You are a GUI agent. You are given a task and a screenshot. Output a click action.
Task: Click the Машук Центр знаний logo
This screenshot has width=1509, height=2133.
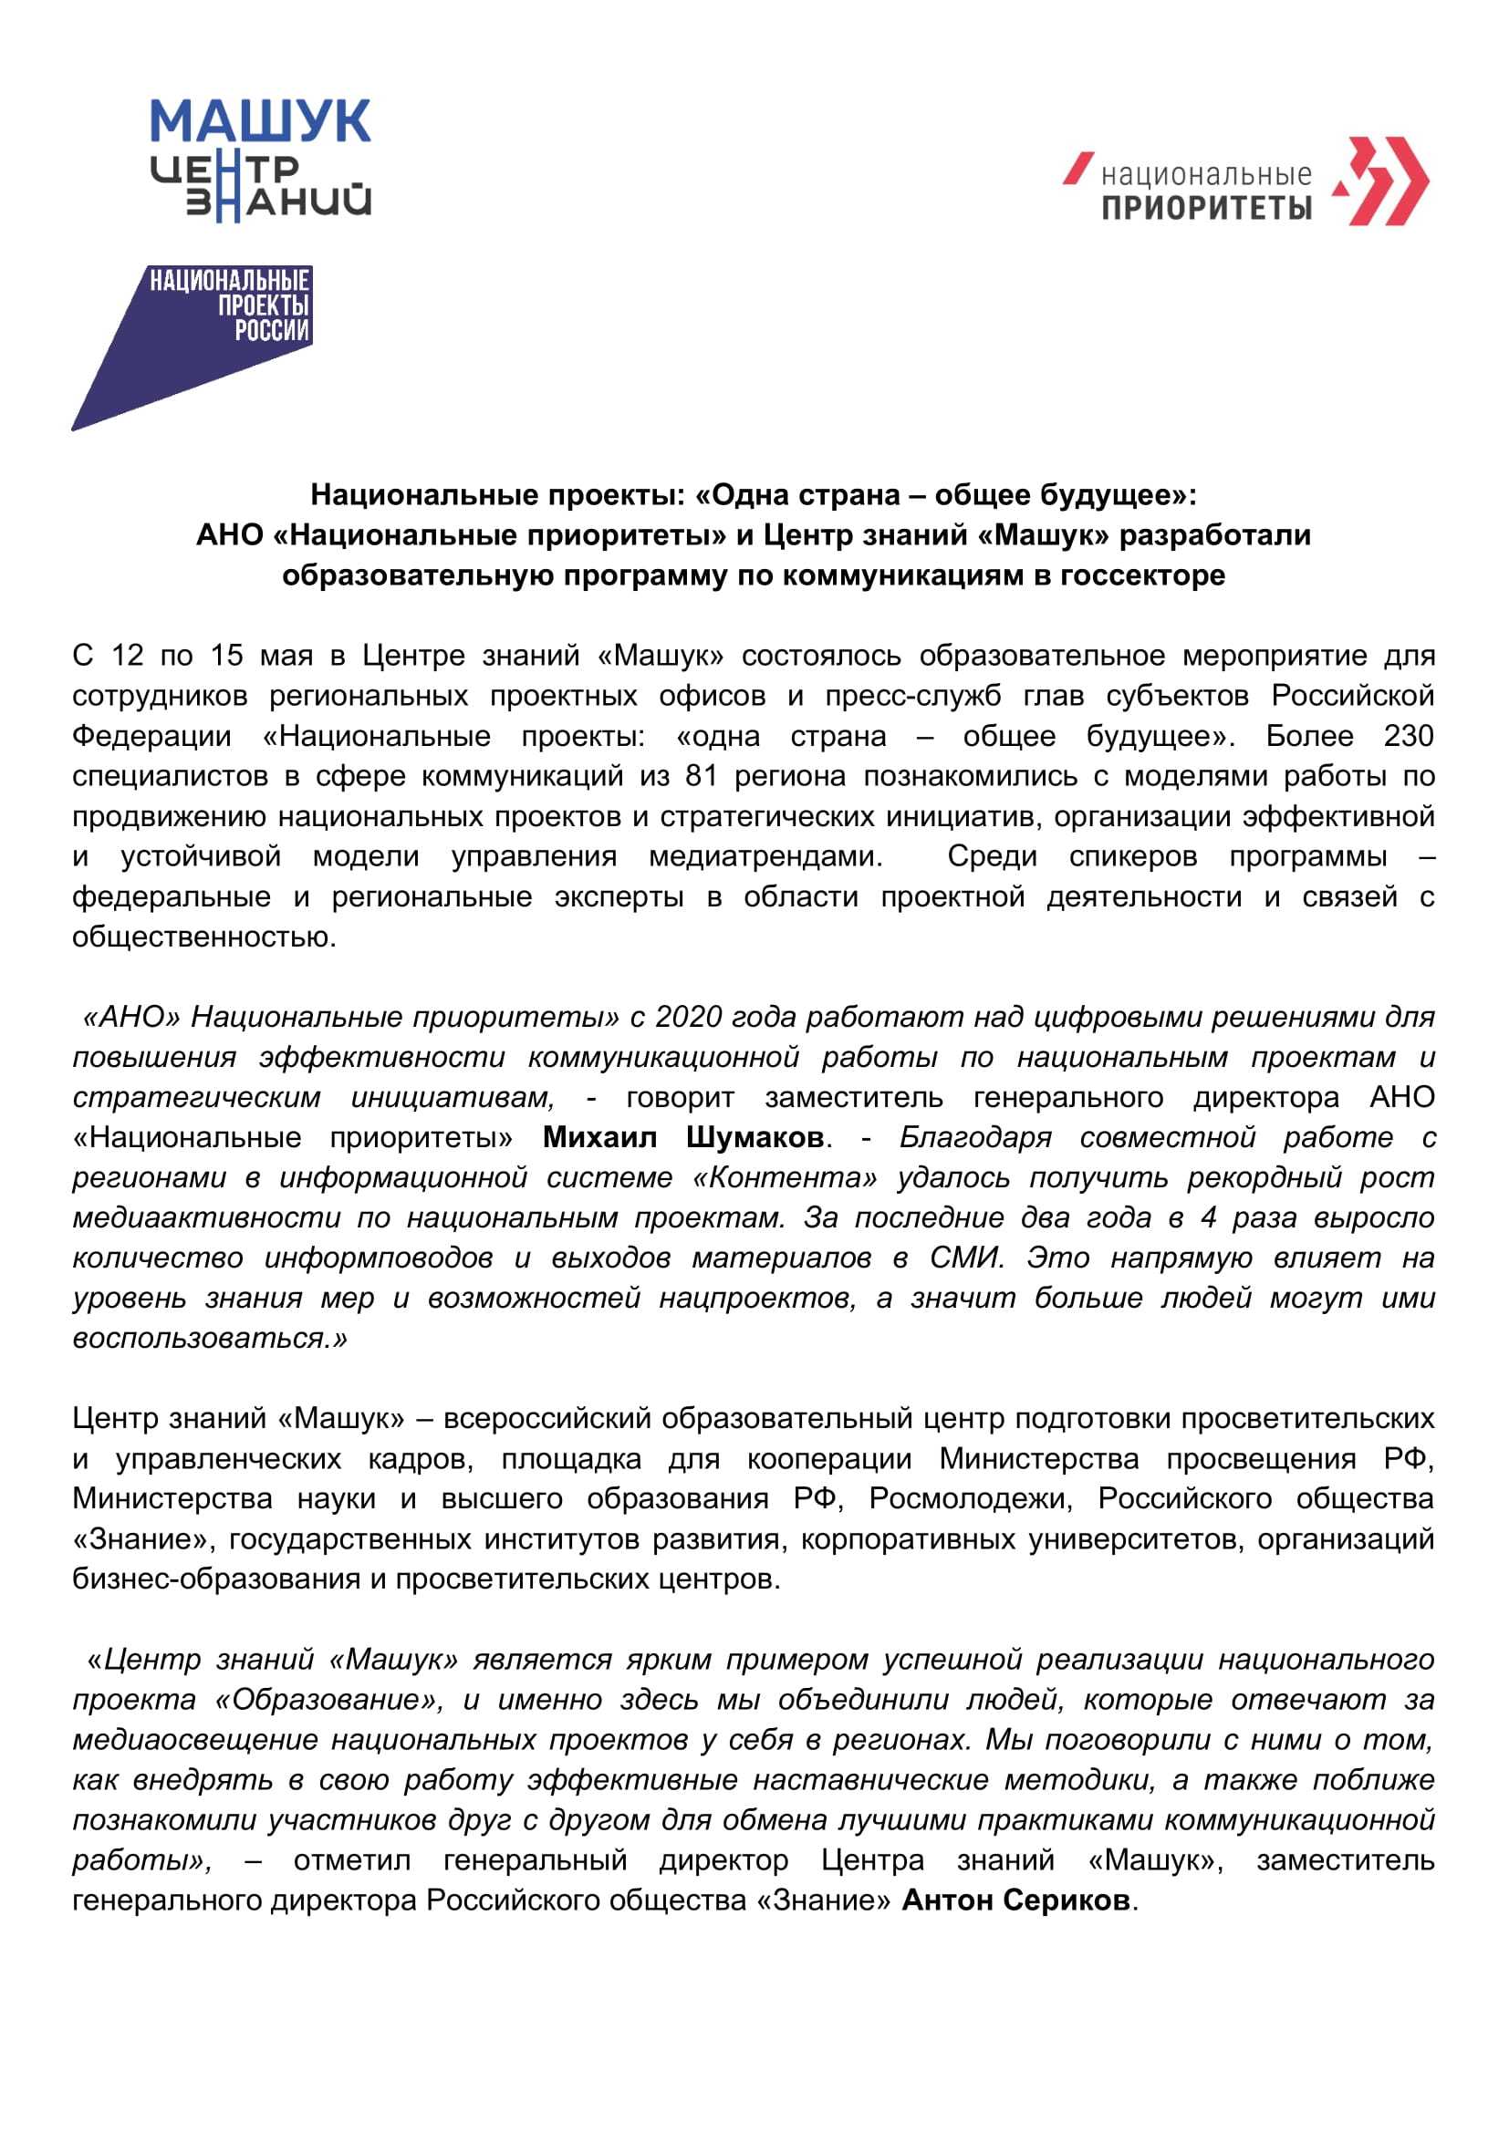click(x=260, y=160)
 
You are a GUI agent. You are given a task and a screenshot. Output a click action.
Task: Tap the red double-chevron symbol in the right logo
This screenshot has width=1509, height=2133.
click(x=1381, y=181)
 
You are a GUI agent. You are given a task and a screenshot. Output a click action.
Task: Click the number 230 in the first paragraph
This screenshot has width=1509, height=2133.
click(x=1409, y=736)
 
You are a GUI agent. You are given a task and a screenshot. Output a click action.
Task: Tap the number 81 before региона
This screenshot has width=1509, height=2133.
click(x=702, y=776)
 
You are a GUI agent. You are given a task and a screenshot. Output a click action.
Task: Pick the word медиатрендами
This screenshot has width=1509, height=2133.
click(x=765, y=855)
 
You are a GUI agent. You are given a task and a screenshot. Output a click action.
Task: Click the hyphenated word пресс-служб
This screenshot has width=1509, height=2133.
click(x=913, y=696)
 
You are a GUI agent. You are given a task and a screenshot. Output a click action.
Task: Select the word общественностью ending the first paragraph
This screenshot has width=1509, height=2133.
click(x=203, y=937)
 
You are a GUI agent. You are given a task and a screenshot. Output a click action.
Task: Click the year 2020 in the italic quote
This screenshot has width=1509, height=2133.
click(x=689, y=1018)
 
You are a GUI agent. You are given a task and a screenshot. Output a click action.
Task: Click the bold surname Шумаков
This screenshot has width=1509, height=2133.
click(x=754, y=1137)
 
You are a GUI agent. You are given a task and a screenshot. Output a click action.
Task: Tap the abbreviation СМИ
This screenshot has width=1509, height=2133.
click(x=967, y=1258)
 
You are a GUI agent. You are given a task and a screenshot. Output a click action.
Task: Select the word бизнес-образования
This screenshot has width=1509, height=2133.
click(x=216, y=1579)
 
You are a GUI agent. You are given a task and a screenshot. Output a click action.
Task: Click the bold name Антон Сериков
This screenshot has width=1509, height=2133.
click(x=1016, y=1900)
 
